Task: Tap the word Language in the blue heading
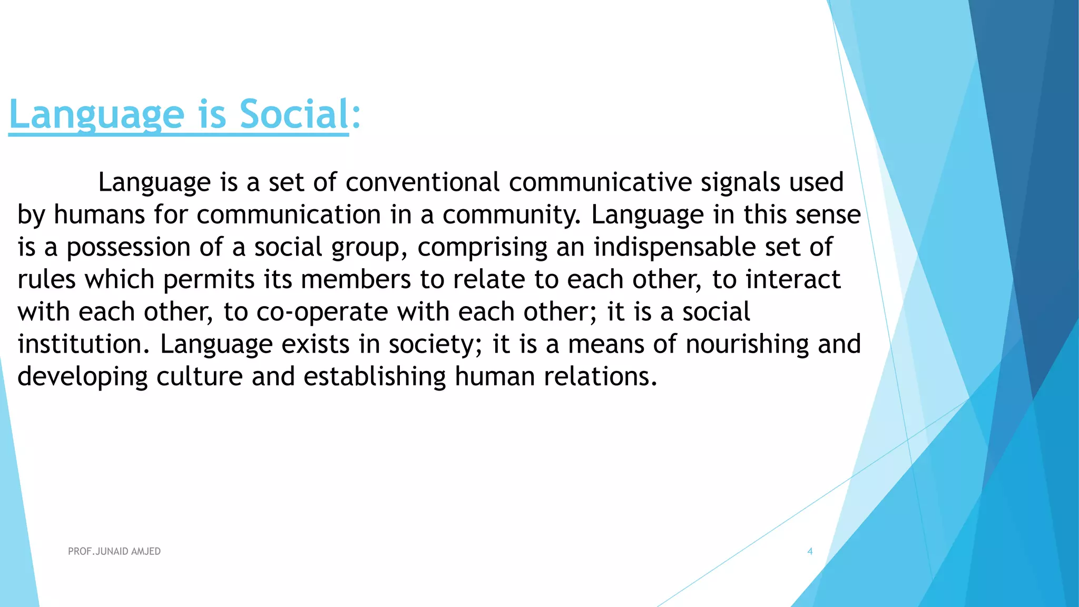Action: point(97,115)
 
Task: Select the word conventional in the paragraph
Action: point(423,182)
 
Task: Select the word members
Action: point(356,279)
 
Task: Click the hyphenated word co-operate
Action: point(322,312)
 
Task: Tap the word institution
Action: point(80,344)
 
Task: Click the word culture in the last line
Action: point(199,377)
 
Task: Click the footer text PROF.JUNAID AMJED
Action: point(114,551)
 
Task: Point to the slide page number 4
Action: point(810,551)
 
